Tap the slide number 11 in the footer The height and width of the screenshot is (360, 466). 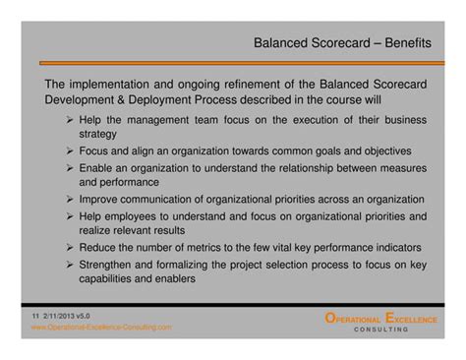tap(34, 316)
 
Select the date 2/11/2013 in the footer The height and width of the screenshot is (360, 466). tap(61, 316)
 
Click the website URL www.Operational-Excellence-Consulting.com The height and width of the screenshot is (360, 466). tap(101, 328)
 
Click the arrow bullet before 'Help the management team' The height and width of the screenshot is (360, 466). tap(72, 120)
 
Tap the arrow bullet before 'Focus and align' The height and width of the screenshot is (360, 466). tap(72, 151)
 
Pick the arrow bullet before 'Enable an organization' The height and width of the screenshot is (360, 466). tap(72, 168)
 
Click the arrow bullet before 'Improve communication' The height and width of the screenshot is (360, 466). tap(72, 200)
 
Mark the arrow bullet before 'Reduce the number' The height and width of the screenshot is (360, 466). tap(72, 247)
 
